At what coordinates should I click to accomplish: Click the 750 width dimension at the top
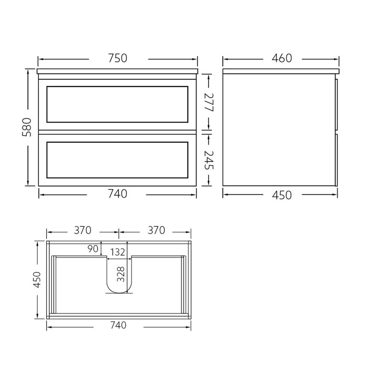118,58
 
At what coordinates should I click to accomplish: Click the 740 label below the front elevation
118,194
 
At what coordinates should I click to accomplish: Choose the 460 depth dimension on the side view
282,58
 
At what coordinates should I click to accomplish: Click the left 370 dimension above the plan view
83,230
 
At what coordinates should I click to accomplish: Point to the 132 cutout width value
119,252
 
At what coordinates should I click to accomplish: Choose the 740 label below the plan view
118,325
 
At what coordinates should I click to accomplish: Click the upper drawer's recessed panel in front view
117,104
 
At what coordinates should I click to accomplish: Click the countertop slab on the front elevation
118,71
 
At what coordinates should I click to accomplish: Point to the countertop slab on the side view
281,71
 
